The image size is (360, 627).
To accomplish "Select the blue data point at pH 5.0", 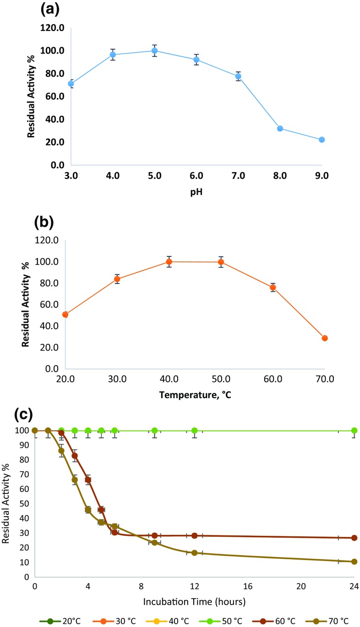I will (x=155, y=50).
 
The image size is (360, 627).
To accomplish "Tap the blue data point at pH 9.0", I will (x=322, y=140).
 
